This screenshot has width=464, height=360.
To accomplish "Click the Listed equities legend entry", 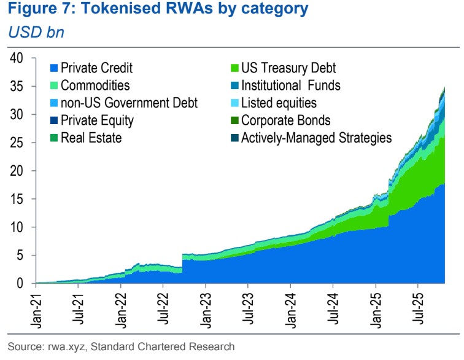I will coord(279,103).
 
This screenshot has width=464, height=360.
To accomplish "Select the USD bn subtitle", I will coord(36,32).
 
